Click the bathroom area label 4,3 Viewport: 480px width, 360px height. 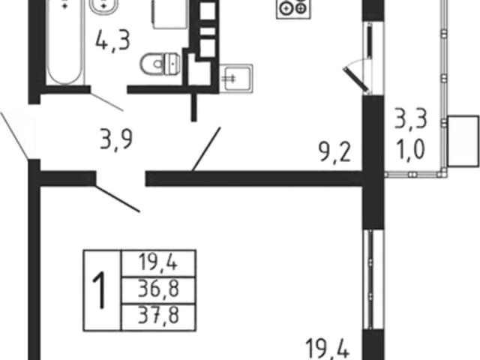113,41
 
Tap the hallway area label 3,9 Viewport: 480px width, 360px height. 116,139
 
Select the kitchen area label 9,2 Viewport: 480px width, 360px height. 334,152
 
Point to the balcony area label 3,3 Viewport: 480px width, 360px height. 410,119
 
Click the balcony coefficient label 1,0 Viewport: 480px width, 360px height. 410,150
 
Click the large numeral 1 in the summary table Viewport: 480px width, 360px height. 101,290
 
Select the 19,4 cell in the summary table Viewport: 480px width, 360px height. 158,263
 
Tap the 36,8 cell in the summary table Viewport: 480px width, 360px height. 158,290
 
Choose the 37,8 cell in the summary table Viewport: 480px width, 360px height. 158,316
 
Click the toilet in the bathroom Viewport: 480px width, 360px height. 160,64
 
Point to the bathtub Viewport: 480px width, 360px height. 65,43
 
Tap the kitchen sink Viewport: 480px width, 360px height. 236,78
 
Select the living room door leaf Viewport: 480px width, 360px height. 117,198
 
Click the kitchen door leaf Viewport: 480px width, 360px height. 206,149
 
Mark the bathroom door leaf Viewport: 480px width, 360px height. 106,101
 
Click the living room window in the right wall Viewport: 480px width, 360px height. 370,279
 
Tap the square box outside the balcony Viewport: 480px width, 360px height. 463,141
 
